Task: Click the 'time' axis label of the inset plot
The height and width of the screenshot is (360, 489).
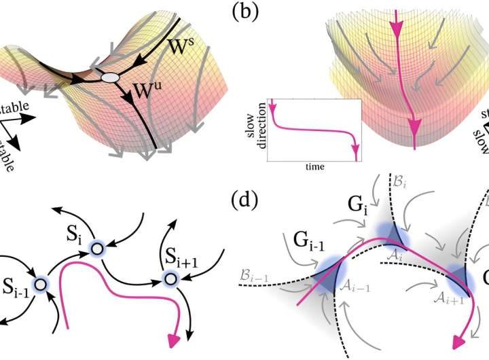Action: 314,166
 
